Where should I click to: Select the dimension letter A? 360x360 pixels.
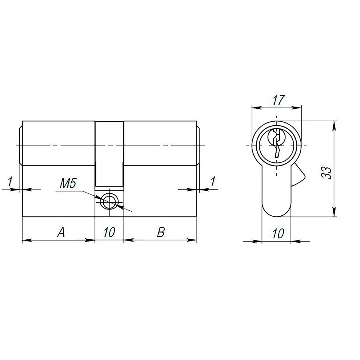(61, 233)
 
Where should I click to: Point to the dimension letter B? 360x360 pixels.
(161, 233)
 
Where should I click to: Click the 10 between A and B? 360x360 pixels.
(109, 233)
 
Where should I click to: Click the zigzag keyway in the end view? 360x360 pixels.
(276, 144)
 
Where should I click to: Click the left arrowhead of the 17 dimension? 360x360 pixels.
(255, 107)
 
